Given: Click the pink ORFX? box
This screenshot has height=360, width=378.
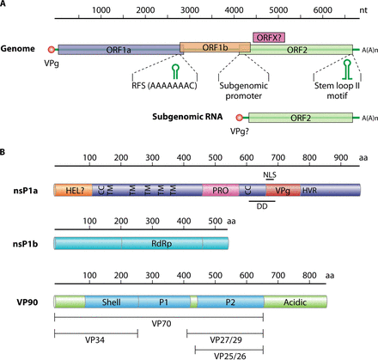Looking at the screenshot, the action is pyautogui.click(x=269, y=38).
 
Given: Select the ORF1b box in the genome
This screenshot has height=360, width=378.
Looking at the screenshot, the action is pyautogui.click(x=215, y=47).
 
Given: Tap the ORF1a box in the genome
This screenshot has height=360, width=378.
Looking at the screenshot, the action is pyautogui.click(x=119, y=50).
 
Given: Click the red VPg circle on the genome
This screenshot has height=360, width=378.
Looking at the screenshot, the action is pyautogui.click(x=52, y=50).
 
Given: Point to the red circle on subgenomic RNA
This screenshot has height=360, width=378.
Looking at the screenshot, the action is pyautogui.click(x=239, y=118).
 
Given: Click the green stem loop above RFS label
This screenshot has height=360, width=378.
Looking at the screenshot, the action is pyautogui.click(x=175, y=71).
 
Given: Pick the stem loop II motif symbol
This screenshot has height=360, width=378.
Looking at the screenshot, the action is pyautogui.click(x=347, y=69).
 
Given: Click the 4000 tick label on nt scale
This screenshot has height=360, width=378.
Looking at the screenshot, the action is pyautogui.click(x=234, y=10).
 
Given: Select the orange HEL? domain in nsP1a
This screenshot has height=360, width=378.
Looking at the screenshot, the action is pyautogui.click(x=73, y=190).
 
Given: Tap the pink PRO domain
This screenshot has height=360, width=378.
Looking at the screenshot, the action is pyautogui.click(x=221, y=190).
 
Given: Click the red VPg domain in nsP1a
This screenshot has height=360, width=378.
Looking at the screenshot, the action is pyautogui.click(x=283, y=190).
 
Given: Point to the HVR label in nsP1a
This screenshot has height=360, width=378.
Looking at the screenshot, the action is pyautogui.click(x=309, y=191).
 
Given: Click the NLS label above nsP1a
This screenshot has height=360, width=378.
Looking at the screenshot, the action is pyautogui.click(x=270, y=174).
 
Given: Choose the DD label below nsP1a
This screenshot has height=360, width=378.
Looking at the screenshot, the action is pyautogui.click(x=262, y=206).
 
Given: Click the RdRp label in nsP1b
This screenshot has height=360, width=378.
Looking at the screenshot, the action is pyautogui.click(x=162, y=244).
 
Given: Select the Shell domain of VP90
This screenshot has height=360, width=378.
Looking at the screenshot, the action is pyautogui.click(x=112, y=302).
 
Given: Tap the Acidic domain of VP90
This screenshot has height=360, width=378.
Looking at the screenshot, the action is pyautogui.click(x=296, y=302).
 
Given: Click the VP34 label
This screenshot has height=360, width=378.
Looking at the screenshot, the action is pyautogui.click(x=94, y=340).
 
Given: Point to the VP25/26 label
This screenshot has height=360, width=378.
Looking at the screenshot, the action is pyautogui.click(x=230, y=356).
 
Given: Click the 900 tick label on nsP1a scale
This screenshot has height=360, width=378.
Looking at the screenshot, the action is pyautogui.click(x=341, y=158).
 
